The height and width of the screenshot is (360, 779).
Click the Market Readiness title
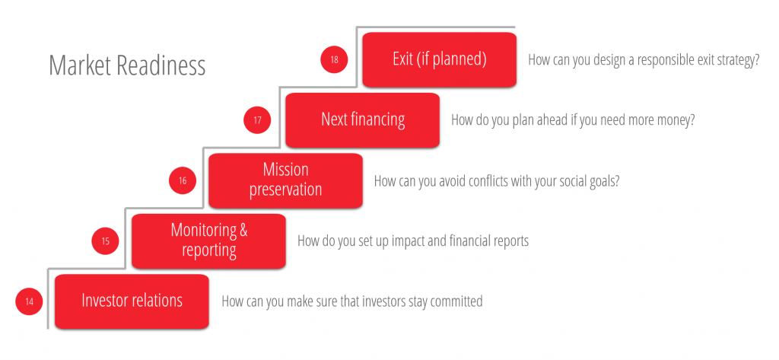127,65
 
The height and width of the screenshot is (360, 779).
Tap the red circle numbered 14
30,301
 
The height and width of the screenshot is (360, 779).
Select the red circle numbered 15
106,241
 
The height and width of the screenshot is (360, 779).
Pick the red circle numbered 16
183,180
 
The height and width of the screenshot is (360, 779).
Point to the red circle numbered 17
257,120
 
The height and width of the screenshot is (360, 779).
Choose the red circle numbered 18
335,59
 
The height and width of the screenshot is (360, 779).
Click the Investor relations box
132,301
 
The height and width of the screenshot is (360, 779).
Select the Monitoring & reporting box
208,241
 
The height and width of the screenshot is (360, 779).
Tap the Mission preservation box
286,180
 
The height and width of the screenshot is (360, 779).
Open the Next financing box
363,119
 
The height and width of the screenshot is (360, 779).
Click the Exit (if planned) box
440,59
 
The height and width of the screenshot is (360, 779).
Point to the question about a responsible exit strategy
644,60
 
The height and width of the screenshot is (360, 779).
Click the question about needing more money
573,121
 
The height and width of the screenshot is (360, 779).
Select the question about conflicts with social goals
497,181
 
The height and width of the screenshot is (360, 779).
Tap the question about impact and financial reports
413,241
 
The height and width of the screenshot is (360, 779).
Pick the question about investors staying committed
352,301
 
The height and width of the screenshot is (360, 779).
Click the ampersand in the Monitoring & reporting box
243,230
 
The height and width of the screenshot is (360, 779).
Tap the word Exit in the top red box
403,59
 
